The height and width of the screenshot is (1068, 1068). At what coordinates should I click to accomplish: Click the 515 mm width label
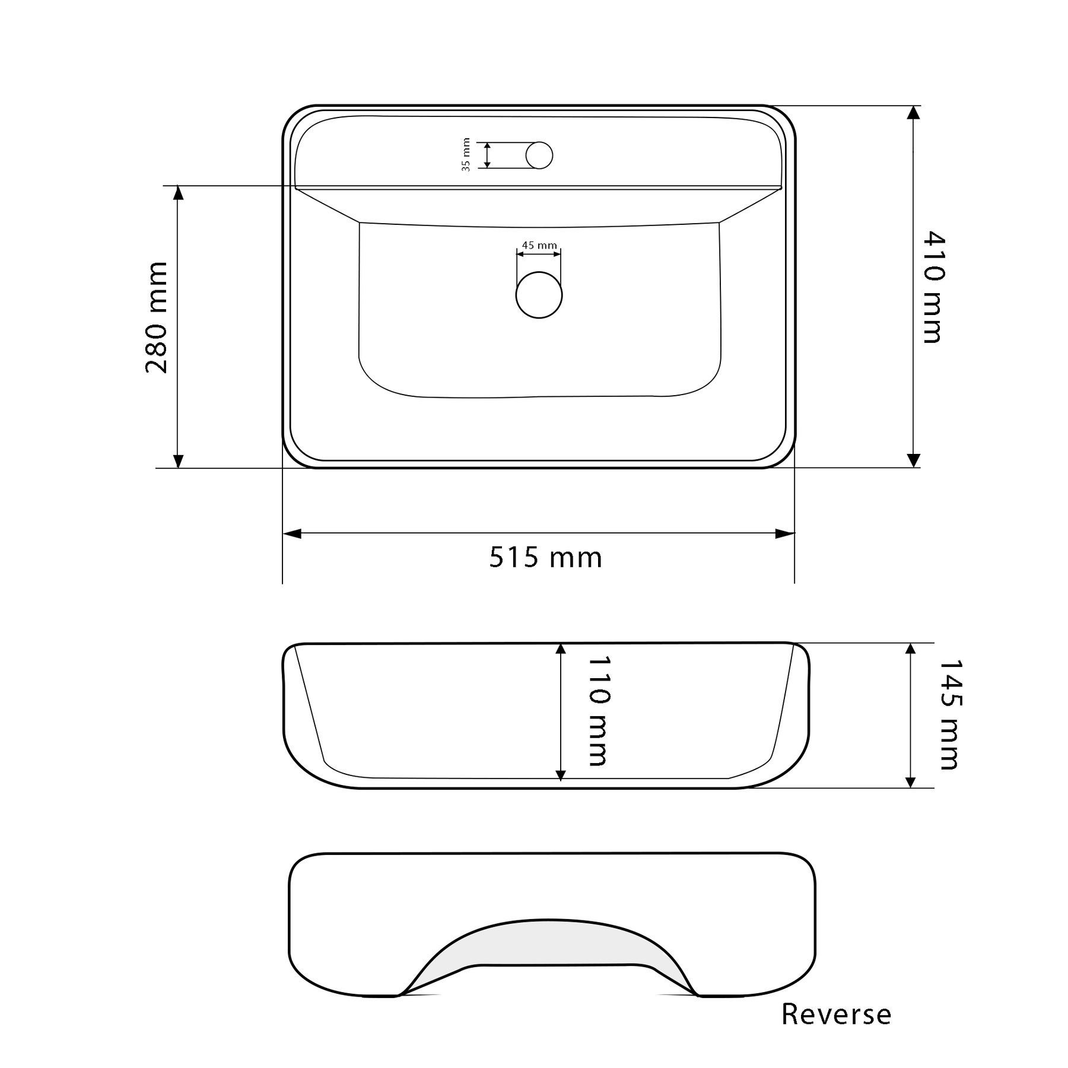pyautogui.click(x=546, y=558)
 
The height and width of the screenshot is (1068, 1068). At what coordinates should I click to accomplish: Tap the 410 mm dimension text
pyautogui.click(x=933, y=287)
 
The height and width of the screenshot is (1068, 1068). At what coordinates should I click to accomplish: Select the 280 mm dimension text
pyautogui.click(x=157, y=317)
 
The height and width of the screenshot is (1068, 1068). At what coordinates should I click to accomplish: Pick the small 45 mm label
pyautogui.click(x=539, y=245)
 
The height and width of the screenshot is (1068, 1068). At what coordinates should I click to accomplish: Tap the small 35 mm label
pyautogui.click(x=466, y=155)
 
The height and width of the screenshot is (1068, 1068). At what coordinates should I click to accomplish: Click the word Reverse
pyautogui.click(x=836, y=1015)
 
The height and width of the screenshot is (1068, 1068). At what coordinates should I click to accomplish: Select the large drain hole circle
pyautogui.click(x=539, y=295)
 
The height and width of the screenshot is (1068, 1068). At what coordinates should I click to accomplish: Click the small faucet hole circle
pyautogui.click(x=539, y=155)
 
